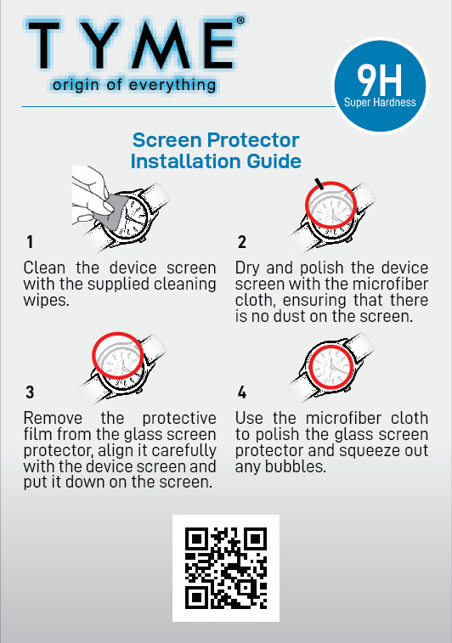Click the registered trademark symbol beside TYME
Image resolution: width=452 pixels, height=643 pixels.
(x=240, y=20)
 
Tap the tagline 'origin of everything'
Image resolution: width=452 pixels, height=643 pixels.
(x=134, y=85)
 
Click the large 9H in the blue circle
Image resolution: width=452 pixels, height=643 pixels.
(x=380, y=80)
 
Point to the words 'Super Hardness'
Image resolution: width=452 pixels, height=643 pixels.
(x=380, y=102)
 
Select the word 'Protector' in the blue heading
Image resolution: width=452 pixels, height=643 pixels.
(x=253, y=140)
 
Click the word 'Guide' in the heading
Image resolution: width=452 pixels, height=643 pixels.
(x=274, y=161)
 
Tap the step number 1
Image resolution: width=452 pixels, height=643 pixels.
(x=30, y=242)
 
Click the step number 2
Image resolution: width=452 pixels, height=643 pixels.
(x=242, y=242)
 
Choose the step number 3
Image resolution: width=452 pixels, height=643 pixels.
(x=30, y=392)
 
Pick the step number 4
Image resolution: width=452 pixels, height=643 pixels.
(x=242, y=392)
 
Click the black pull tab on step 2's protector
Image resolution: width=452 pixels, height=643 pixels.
(x=319, y=183)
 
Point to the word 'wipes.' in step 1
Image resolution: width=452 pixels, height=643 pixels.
(x=47, y=300)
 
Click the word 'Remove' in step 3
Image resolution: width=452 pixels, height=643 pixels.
(x=53, y=418)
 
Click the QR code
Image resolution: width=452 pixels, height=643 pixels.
(x=226, y=568)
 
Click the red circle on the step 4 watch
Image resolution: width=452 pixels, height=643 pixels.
(x=308, y=367)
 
